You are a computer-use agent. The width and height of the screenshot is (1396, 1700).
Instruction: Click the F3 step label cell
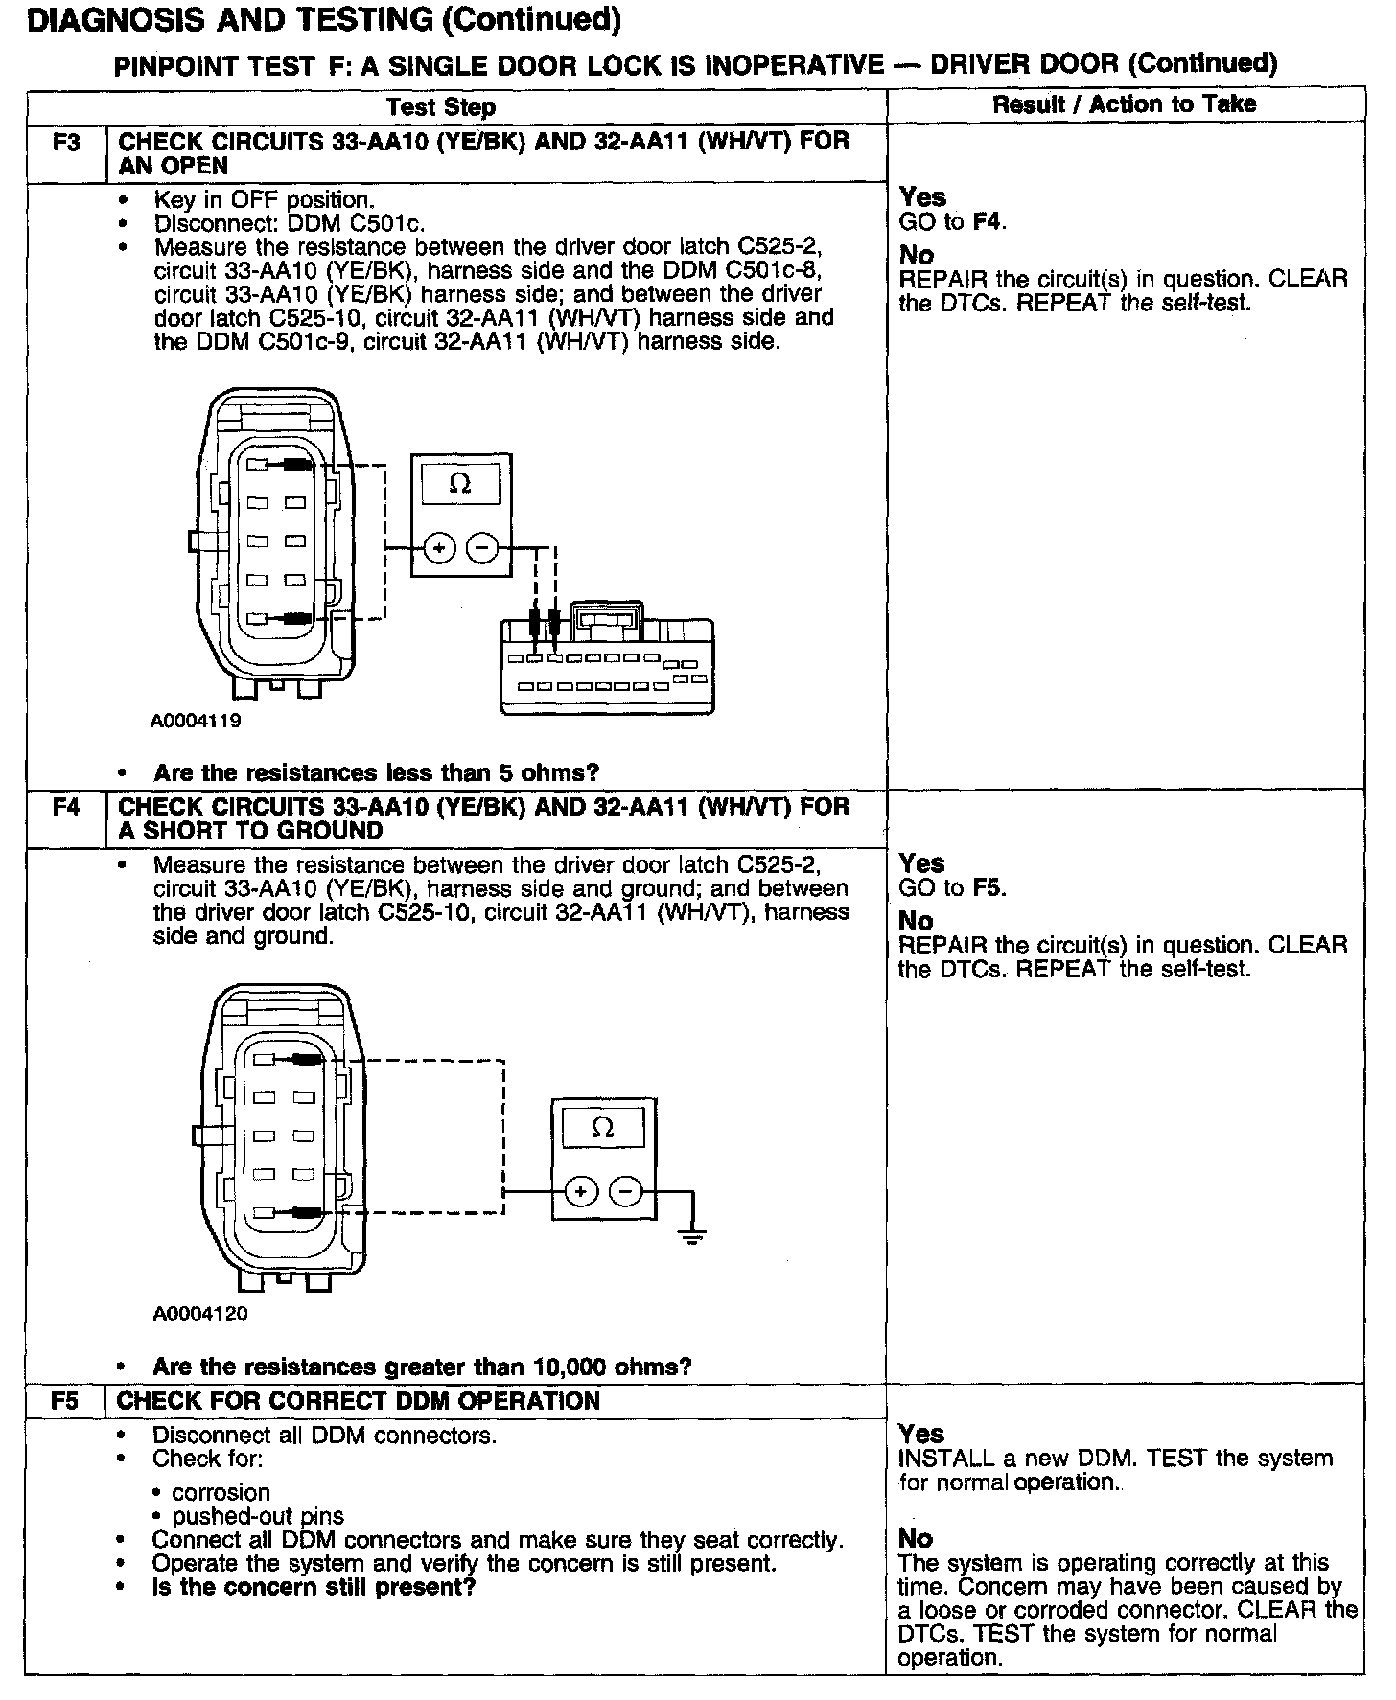coord(66,143)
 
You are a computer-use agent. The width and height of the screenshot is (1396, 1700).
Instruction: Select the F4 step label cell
coord(66,807)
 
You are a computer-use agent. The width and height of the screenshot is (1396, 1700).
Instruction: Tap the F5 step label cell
coord(64,1401)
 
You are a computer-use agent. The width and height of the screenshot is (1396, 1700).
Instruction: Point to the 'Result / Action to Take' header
coord(1124,104)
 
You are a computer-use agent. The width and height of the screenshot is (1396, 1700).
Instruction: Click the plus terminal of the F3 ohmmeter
coord(439,549)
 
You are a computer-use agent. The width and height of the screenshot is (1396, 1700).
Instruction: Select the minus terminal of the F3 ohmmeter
coord(482,549)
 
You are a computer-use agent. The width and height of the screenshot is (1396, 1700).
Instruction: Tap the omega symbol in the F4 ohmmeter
coord(603,1128)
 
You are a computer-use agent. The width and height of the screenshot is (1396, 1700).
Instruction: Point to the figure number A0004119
coord(196,721)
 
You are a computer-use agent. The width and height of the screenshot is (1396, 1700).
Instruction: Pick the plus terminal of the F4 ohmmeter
coord(580,1192)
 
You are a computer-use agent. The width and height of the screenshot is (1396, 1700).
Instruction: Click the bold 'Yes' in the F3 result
coord(922,197)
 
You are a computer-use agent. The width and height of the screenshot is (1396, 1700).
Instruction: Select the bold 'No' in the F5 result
coord(915,1538)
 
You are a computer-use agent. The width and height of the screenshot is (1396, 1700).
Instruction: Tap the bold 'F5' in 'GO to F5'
coord(988,887)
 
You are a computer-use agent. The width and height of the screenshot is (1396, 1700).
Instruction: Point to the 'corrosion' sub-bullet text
coord(221,1493)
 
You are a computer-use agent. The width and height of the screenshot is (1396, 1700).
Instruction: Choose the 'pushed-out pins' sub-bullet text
coord(257,1517)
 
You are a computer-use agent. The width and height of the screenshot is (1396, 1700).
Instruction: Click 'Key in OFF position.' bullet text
coord(264,200)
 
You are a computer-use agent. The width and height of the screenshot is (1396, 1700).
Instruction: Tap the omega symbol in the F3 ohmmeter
coord(460,485)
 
